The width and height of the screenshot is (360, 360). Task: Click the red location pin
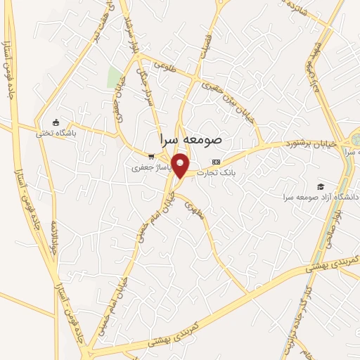tap(181, 166)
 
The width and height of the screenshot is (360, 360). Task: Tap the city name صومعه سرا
tap(191, 139)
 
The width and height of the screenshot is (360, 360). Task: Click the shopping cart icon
tap(151, 157)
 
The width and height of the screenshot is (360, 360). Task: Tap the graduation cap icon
tap(321, 186)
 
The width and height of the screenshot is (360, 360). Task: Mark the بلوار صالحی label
tap(326, 229)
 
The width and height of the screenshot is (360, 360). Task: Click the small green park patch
tap(112, 77)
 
